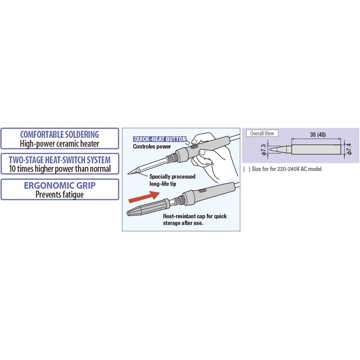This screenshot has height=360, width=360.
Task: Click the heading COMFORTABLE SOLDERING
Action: (59, 134)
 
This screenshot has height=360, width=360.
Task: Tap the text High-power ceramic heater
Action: (59, 144)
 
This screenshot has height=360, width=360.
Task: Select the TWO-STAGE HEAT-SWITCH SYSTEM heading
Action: (60, 160)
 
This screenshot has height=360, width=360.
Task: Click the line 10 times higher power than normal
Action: (60, 169)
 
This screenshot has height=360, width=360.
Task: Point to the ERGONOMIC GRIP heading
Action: (60, 185)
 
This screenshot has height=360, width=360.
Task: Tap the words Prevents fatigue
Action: (59, 194)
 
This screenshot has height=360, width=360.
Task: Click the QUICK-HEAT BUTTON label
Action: (160, 139)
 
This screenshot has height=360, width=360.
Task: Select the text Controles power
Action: (152, 147)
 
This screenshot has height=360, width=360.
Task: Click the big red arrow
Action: (144, 197)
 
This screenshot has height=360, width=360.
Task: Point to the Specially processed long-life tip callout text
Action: (172, 180)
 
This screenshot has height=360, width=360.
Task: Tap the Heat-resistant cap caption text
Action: (195, 220)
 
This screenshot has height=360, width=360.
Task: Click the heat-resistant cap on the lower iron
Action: (148, 207)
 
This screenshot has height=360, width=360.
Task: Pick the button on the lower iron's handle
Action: (202, 190)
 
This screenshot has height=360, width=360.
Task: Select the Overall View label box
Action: (262, 133)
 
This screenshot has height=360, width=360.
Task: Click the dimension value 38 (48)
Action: (318, 135)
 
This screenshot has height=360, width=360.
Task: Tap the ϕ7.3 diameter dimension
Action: (264, 150)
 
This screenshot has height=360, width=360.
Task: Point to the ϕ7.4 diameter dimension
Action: (349, 149)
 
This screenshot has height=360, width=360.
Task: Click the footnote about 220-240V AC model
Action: (282, 169)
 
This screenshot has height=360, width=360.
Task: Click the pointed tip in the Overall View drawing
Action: (270, 149)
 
